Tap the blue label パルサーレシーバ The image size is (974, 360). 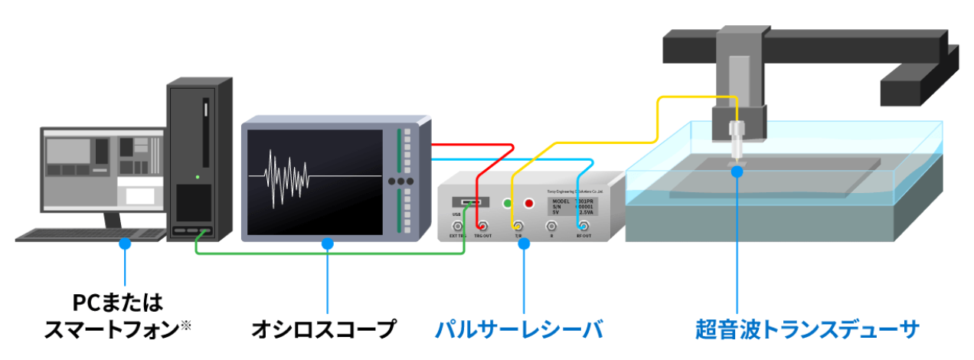[x=519, y=330]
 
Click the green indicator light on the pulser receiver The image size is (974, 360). [x=506, y=204]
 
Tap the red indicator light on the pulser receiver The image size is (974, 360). [x=528, y=204]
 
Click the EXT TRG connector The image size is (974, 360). [x=457, y=226]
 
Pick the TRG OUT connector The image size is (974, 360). [x=482, y=226]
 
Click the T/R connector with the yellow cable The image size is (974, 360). [x=518, y=226]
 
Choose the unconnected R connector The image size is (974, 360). [x=551, y=226]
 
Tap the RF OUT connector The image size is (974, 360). [x=583, y=226]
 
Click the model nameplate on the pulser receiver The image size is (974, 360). [x=571, y=206]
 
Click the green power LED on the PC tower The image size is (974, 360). [x=198, y=178]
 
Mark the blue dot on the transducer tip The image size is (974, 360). [x=737, y=172]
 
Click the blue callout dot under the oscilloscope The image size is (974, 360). [x=328, y=244]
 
